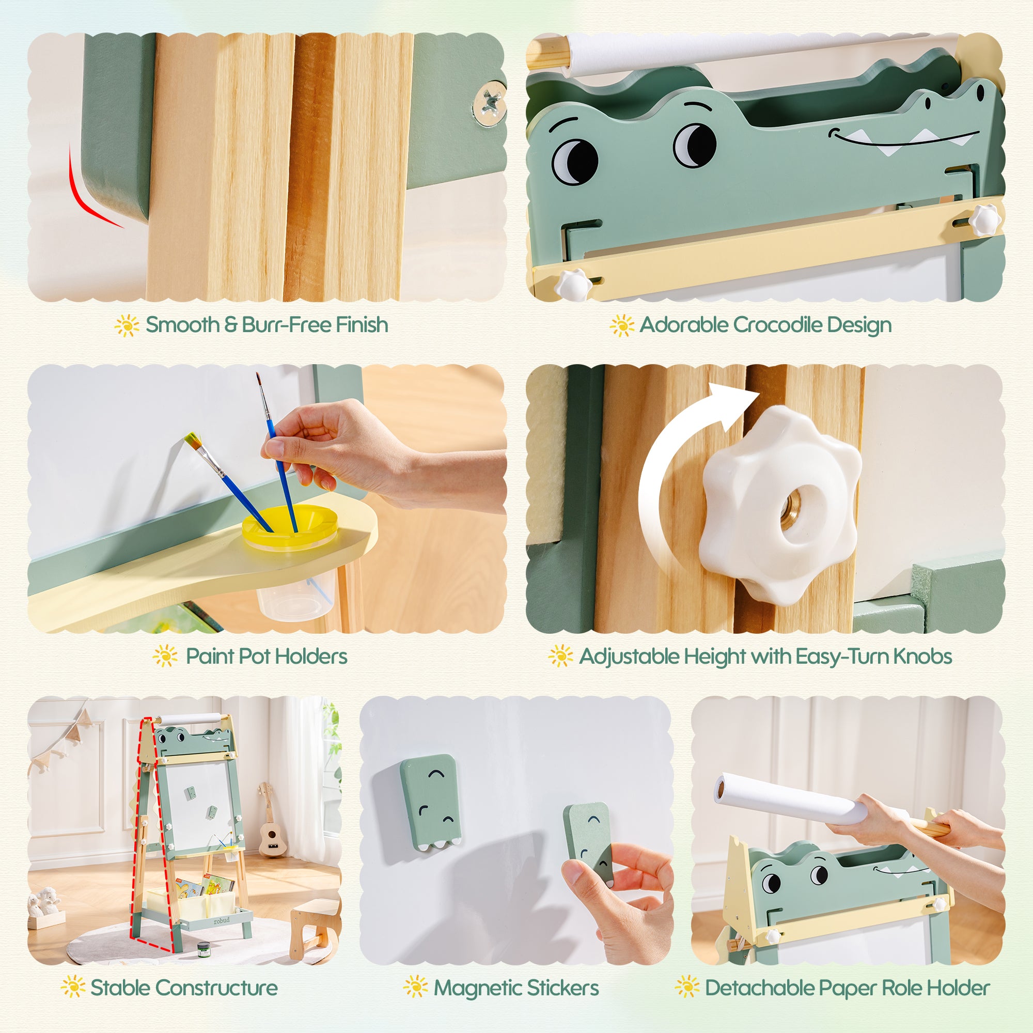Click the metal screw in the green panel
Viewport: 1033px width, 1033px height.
pyautogui.click(x=489, y=103)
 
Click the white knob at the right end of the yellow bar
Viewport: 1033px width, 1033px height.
pyautogui.click(x=984, y=220)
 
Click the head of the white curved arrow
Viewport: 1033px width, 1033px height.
pyautogui.click(x=738, y=405)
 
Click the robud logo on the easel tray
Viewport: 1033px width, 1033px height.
pyautogui.click(x=222, y=921)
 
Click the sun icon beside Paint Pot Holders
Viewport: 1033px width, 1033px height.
pyautogui.click(x=165, y=656)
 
